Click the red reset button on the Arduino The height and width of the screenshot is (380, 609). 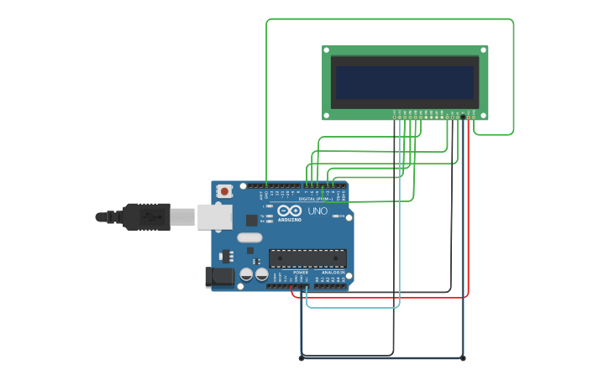coord(224,191)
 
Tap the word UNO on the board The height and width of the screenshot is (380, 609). coord(318,211)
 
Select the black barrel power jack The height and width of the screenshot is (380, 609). coord(218,277)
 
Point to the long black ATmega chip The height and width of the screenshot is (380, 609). coord(307,258)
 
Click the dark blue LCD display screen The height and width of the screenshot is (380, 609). coord(405,82)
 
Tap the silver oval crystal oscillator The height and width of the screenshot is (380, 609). coord(249,237)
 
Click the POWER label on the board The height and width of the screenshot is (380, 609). coord(301,273)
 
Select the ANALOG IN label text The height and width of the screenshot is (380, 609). coord(332,273)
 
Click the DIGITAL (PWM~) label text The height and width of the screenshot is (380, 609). coord(315,198)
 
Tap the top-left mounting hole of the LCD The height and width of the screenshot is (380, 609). coord(327,49)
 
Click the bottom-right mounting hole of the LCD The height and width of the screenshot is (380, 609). coord(484,117)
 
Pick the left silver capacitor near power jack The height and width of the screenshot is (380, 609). coord(246,274)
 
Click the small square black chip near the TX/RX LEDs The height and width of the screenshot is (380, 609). coord(251,220)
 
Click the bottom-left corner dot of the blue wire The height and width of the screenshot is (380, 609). coord(302,358)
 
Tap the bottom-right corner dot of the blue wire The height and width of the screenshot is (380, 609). coord(463,358)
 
